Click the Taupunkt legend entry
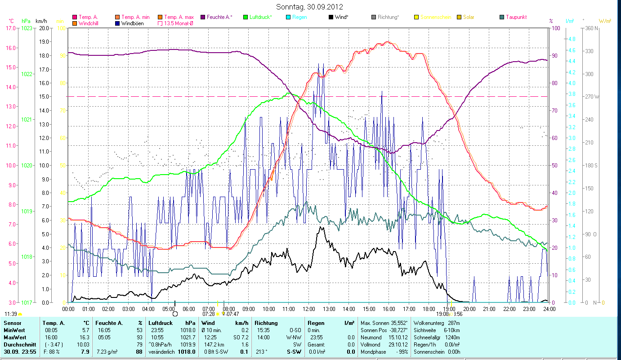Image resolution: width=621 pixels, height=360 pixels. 516,17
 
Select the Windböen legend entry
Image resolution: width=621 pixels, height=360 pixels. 132,23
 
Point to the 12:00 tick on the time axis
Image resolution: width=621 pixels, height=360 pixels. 309,309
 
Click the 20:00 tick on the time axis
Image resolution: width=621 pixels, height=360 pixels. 469,309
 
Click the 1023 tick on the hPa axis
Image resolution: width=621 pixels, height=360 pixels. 27,28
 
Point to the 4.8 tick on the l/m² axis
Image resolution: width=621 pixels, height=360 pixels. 572,39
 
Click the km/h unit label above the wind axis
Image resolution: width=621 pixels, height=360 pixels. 41,21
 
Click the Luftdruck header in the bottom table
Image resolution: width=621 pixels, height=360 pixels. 161,323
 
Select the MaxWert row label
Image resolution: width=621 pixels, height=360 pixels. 15,337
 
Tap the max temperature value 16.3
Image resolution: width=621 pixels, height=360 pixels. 85,337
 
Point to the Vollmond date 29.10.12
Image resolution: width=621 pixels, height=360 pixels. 398,344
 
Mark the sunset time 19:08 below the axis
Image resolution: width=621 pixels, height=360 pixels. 442,314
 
